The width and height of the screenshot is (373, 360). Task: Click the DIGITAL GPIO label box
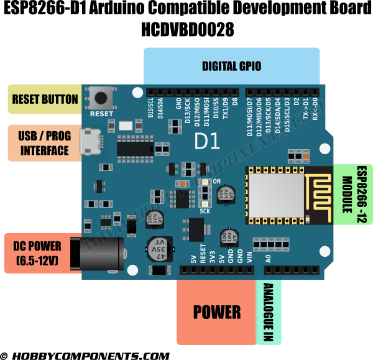231,66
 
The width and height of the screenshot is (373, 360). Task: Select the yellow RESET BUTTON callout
45,99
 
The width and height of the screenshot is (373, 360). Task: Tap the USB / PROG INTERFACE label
44,143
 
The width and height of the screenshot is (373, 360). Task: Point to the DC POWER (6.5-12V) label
37,254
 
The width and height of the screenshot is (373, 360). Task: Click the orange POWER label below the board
216,312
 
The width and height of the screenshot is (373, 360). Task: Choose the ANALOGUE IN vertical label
268,312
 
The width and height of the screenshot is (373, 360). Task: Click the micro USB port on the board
92,142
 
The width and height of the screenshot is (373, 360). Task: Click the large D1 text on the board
207,142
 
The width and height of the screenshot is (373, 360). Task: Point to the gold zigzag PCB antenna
319,194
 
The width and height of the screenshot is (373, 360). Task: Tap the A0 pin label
269,257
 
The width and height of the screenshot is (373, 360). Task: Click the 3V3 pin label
213,256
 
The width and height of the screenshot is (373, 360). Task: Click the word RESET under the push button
101,114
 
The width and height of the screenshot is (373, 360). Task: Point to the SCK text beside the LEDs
205,211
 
